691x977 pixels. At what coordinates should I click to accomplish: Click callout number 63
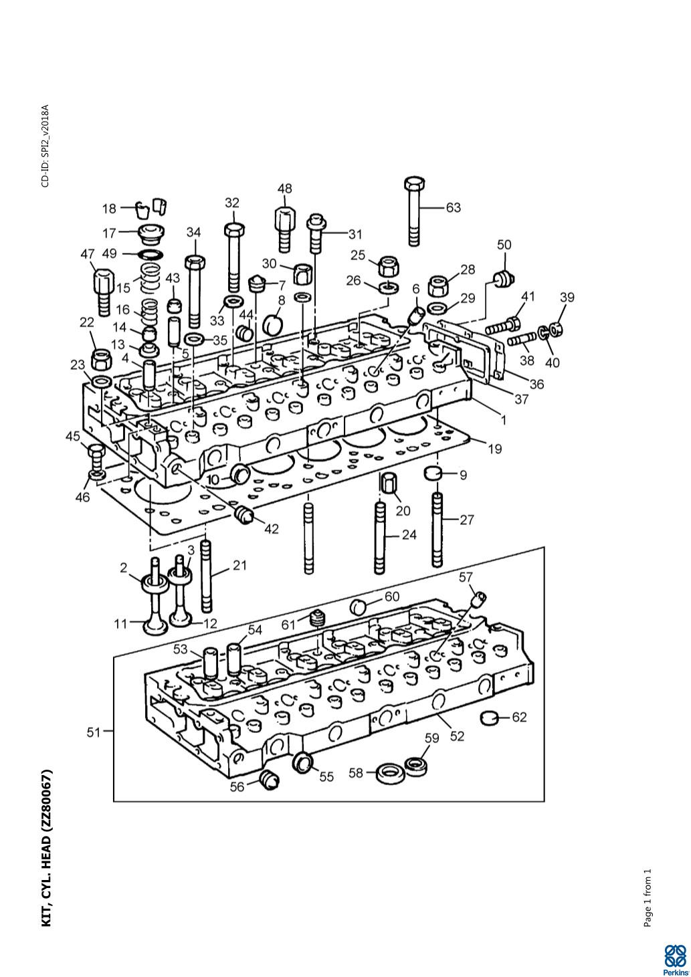coord(453,207)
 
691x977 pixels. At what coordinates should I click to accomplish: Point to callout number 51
coord(94,732)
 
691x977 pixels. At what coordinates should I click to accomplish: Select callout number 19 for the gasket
coord(494,449)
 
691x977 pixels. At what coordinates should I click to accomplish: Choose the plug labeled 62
coord(491,718)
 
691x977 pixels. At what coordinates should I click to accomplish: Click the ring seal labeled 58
coord(389,774)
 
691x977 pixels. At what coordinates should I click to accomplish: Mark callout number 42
coord(271,528)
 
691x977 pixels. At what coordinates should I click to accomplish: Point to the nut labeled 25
coord(388,266)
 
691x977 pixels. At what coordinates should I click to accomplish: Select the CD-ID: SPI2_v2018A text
coord(45,145)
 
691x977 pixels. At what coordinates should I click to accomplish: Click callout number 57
coord(466,576)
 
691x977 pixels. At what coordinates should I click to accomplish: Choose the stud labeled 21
coord(207,576)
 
